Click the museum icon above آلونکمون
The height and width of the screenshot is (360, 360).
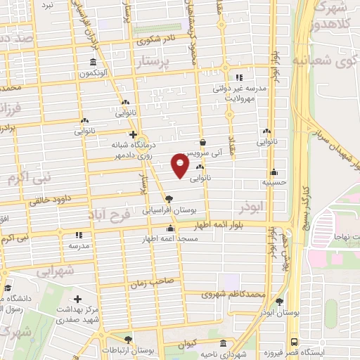pos(94,62)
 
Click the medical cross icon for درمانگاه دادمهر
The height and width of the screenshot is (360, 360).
pos(131,134)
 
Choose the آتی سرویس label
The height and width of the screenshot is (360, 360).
pos(202,152)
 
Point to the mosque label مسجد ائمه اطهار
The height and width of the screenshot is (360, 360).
pos(170,239)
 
